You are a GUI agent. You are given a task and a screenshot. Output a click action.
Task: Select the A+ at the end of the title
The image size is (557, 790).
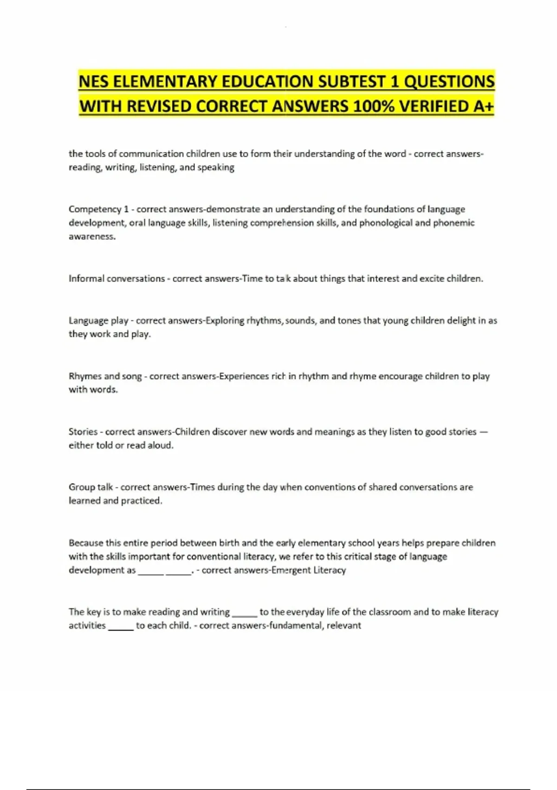pos(484,106)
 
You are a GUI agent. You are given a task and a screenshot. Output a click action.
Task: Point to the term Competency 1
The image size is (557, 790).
pos(98,210)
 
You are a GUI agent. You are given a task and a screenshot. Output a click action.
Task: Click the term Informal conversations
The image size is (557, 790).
pos(117,279)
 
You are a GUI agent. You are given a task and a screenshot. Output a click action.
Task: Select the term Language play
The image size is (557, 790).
pos(98,321)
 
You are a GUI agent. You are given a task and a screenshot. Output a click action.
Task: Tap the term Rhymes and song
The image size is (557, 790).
pos(105,376)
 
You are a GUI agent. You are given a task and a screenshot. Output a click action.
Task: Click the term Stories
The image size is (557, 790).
pos(83,432)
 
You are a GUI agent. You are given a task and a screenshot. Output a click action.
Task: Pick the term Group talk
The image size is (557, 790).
pos(91,487)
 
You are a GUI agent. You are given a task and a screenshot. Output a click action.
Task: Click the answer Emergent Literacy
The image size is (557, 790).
pos(309,570)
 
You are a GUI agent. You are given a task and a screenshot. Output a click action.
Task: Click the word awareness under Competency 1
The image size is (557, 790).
pos(92,237)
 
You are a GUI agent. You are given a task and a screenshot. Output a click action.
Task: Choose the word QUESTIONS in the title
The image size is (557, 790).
pos(449,82)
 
